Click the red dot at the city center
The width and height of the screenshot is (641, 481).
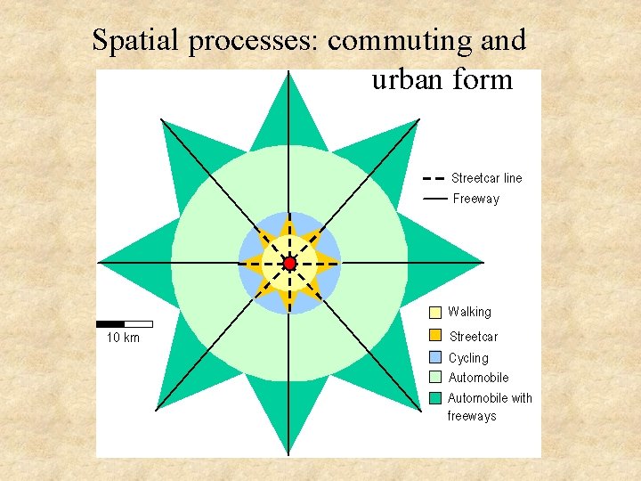(289, 264)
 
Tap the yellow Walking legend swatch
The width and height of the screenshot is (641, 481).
(435, 313)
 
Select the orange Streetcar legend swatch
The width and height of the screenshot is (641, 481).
(435, 336)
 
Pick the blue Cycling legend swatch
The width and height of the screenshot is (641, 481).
(435, 357)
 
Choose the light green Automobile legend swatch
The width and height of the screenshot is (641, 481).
(435, 378)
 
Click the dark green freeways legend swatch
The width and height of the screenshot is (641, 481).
(435, 398)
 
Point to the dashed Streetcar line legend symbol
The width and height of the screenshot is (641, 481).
(434, 178)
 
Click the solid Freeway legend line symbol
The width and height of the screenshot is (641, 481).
(434, 199)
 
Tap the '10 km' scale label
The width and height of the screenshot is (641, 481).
(123, 338)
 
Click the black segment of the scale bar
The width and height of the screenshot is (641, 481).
(110, 323)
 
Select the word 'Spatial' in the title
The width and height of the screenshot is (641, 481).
(134, 40)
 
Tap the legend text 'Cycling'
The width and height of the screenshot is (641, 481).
(468, 358)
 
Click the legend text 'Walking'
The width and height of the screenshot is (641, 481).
(469, 312)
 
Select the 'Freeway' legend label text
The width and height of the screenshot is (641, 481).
(476, 199)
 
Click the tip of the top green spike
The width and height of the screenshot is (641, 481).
(289, 72)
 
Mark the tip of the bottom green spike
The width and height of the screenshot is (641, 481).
(289, 454)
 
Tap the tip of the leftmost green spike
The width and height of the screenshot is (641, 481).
(99, 264)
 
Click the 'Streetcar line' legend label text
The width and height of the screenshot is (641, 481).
(487, 178)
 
